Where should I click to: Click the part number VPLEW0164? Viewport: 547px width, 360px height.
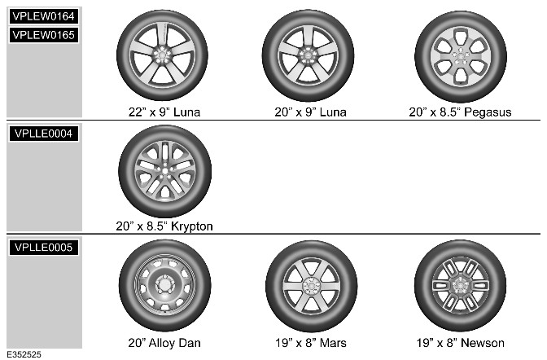click(x=44, y=16)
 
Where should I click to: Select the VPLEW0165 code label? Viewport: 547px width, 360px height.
click(x=44, y=35)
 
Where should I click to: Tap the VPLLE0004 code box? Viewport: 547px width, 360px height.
click(x=44, y=134)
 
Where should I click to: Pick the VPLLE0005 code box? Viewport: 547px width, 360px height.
click(x=44, y=248)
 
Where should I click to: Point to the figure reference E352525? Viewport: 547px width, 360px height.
click(x=24, y=354)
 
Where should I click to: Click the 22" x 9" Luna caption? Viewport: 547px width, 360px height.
click(x=164, y=112)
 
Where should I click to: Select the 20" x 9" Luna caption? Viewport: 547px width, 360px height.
click(x=310, y=112)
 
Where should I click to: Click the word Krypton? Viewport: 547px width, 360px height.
click(x=192, y=226)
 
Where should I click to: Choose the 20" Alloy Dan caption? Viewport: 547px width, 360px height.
click(x=164, y=343)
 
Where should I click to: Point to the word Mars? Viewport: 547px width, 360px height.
click(x=333, y=343)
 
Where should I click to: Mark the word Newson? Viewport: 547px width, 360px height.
click(x=484, y=343)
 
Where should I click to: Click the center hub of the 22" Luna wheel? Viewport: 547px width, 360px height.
click(x=162, y=55)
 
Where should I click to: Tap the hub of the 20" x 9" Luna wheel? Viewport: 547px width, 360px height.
click(x=308, y=55)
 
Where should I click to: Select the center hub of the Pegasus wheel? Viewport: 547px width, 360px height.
click(x=461, y=56)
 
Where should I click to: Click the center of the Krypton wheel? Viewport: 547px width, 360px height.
click(x=164, y=171)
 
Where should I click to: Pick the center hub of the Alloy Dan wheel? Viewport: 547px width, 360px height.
click(x=164, y=285)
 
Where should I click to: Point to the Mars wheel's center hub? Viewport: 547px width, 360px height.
click(x=311, y=286)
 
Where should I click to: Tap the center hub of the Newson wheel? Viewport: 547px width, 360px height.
click(x=460, y=285)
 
